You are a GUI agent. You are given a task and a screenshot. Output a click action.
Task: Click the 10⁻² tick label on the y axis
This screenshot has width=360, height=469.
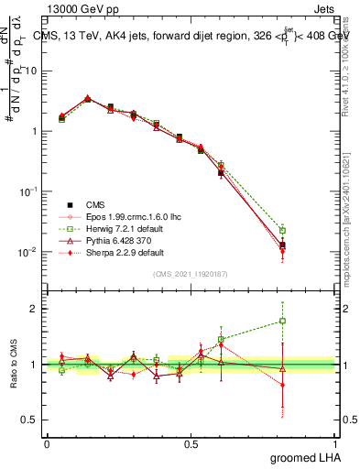[x=29, y=252]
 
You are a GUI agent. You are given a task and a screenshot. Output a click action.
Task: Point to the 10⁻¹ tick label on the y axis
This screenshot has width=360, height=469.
[x=29, y=191]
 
